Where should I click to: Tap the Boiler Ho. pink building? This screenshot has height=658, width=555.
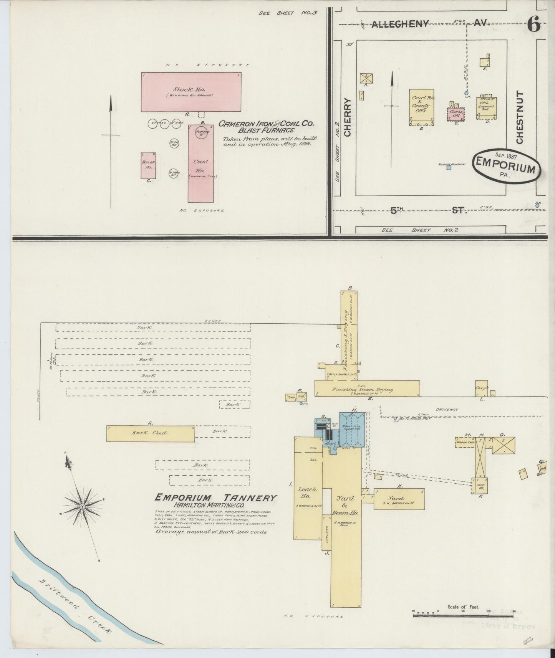(x=148, y=165)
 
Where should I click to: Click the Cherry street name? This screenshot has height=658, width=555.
(x=348, y=117)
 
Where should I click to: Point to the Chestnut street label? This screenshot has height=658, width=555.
(x=519, y=117)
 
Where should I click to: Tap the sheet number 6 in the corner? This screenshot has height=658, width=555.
(x=533, y=25)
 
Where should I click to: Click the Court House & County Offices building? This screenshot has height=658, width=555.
(x=421, y=107)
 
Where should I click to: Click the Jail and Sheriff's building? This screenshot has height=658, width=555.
(x=486, y=107)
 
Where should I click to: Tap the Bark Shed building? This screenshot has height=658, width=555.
(x=151, y=433)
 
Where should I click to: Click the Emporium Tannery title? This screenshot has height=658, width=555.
(x=215, y=498)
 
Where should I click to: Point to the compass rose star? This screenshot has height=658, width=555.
(x=82, y=507)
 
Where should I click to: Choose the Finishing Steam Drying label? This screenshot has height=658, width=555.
(x=363, y=390)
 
